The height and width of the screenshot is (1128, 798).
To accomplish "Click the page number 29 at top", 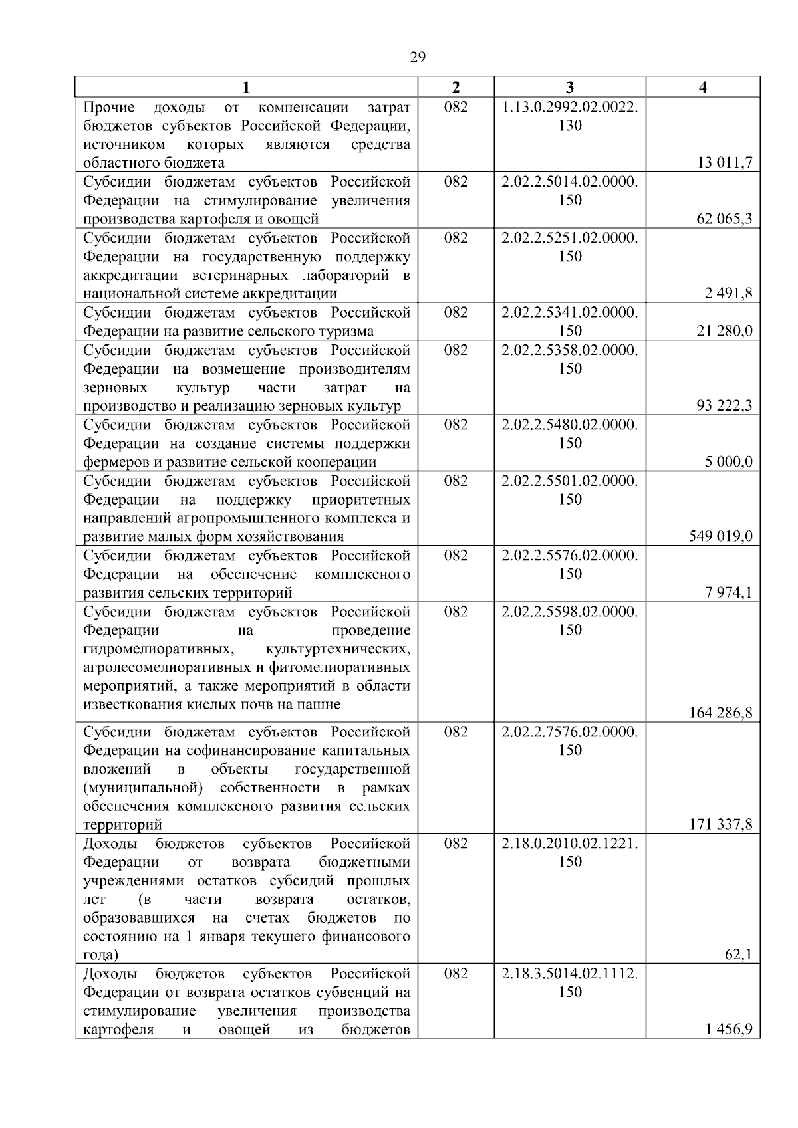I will coord(417,57).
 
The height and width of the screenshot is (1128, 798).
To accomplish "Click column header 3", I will coord(570,87).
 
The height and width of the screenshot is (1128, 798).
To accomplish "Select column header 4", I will coord(703,87).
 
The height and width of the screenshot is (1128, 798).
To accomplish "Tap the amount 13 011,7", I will coord(724,163).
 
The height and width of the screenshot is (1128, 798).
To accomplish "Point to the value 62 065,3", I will coord(724,219).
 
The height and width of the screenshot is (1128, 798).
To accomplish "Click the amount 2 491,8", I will coord(729,294).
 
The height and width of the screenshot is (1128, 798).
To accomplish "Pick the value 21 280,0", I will coord(724,331).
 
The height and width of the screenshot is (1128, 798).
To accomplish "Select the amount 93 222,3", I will coord(724,405).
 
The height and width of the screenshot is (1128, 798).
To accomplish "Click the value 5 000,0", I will coord(729,462).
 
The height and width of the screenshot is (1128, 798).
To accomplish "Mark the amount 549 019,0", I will coord(720,536).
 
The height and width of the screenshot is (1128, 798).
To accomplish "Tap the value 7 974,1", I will coord(729,592).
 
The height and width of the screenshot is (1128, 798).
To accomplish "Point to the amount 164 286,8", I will coord(720,713).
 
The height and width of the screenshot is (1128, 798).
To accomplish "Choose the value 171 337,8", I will coord(720,825).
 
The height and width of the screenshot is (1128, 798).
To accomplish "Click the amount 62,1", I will coord(738,955).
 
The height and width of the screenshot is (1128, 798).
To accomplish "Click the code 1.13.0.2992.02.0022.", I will coord(570,108).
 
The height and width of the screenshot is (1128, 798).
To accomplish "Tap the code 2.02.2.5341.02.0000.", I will coord(570,312).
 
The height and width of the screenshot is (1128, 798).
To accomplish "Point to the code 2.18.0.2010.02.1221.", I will coord(570,844).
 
